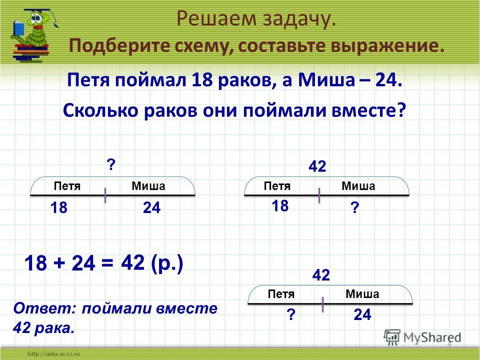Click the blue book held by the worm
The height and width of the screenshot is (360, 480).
coord(18,28)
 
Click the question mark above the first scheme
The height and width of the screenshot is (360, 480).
coord(110,165)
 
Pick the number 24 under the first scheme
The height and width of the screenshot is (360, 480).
coord(151,208)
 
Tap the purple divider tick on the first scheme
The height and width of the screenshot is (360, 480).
coord(105,195)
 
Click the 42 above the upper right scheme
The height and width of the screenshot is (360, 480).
coord(317,167)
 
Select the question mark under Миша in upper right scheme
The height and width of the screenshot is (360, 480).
coord(354,208)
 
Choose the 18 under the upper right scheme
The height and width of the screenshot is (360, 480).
coord(280,205)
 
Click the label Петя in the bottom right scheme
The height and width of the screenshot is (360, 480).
coord(281,294)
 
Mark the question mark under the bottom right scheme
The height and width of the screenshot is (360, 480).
coord(291,314)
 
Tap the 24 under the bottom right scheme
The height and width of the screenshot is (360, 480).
coord(362,314)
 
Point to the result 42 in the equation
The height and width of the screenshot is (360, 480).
coord(132,262)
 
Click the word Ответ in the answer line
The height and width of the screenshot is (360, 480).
coord(44,308)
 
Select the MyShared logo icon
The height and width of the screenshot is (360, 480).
coord(392,337)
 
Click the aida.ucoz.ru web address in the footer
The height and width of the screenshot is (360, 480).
coord(54,354)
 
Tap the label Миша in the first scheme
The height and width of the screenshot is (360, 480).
coord(148,186)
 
